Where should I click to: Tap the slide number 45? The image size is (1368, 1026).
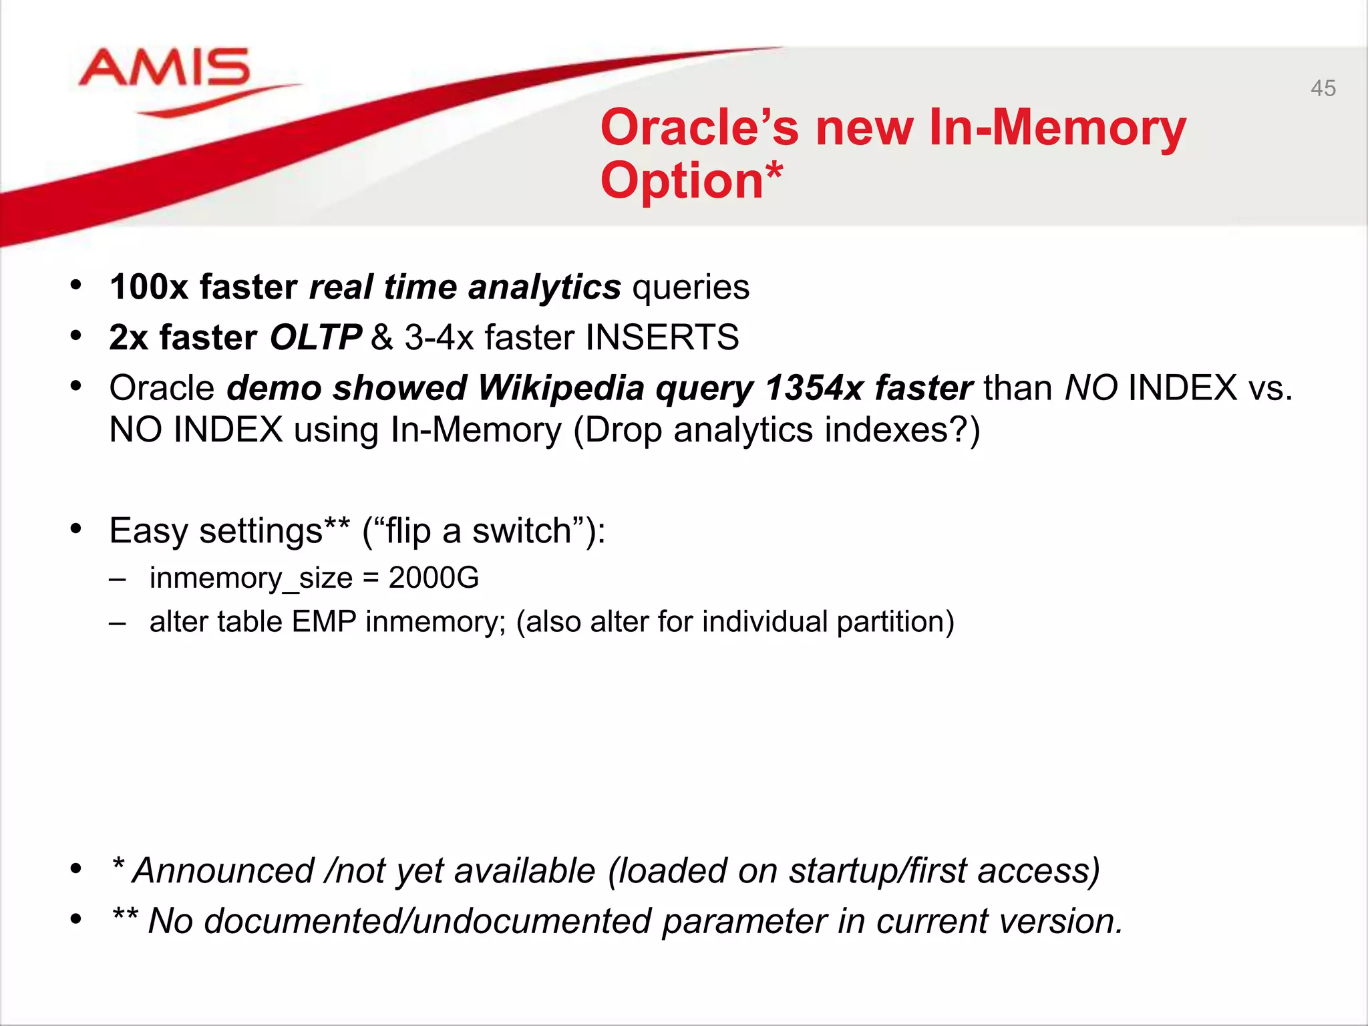(1323, 88)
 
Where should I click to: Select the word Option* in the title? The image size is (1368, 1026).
(691, 180)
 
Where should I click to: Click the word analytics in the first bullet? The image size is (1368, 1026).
(544, 287)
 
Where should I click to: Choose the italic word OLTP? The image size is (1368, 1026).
(315, 337)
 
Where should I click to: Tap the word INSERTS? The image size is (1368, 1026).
(662, 337)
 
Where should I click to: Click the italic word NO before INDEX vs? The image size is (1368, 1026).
(1091, 388)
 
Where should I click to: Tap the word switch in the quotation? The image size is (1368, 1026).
(521, 531)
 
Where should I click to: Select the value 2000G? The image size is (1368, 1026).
(434, 578)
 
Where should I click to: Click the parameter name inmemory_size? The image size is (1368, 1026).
(250, 578)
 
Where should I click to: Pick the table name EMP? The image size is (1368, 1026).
(324, 622)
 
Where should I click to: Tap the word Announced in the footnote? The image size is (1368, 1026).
(223, 871)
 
